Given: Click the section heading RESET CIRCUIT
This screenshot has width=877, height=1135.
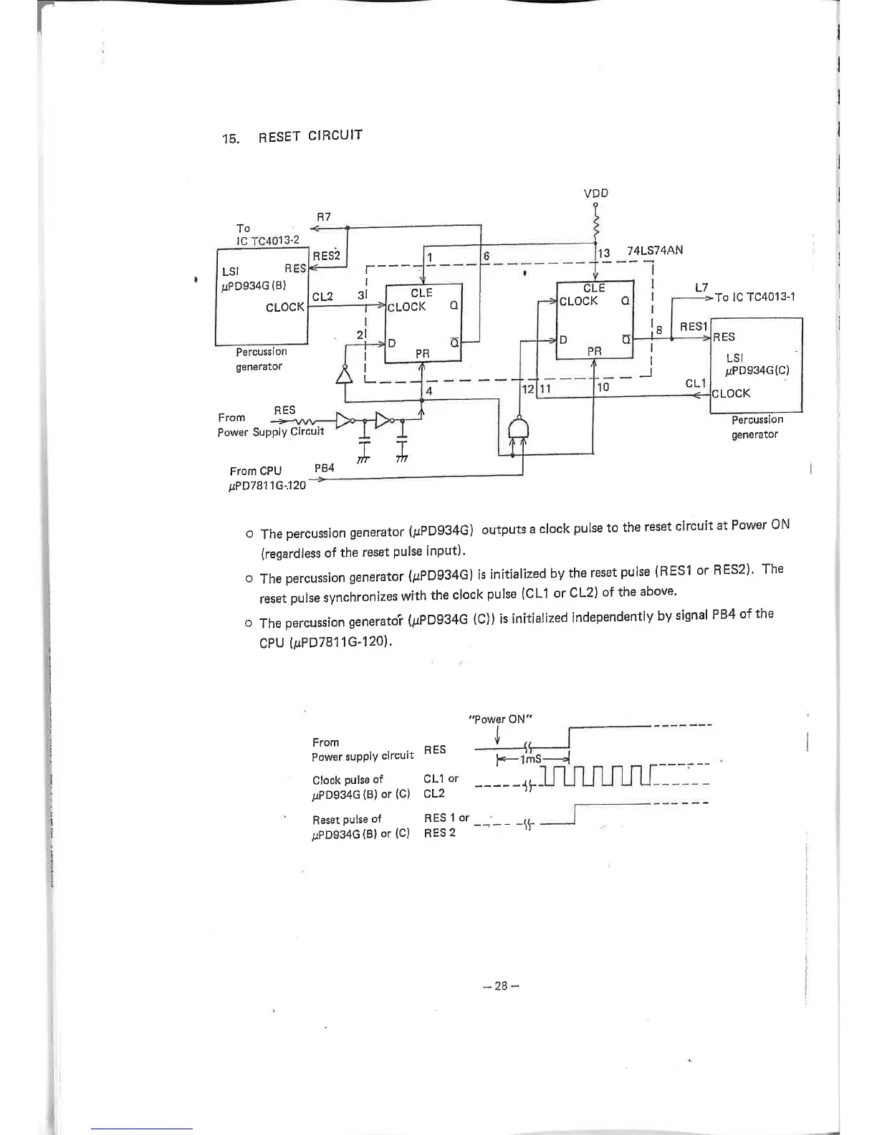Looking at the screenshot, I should pos(310,136).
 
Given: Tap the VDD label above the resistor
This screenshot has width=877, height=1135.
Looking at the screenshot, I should pos(596,193).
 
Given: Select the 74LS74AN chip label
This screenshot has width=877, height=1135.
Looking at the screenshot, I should pos(655,250).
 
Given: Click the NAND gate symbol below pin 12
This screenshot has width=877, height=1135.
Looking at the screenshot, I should pos(518,429).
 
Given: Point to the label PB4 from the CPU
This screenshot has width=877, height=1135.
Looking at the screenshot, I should pos(325,468).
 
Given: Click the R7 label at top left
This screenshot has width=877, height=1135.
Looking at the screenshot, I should pos(323,216).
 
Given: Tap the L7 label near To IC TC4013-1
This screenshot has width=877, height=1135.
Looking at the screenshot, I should pos(701,287).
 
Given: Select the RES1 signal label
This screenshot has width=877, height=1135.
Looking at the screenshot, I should pos(694,326).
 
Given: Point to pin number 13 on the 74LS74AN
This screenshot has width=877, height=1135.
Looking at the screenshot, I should pos(604,252).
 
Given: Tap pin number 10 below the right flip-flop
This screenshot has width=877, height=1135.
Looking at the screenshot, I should pos(603,387).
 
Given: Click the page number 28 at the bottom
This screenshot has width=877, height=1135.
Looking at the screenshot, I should pos(501,985).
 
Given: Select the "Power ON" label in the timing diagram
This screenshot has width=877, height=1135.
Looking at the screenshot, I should pos(500,719).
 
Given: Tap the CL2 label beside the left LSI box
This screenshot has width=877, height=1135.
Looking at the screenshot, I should pos(322,296).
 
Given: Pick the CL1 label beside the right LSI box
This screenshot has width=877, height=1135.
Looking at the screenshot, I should pos(695,384).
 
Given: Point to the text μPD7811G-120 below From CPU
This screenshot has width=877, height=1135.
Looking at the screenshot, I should pos(267,485).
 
